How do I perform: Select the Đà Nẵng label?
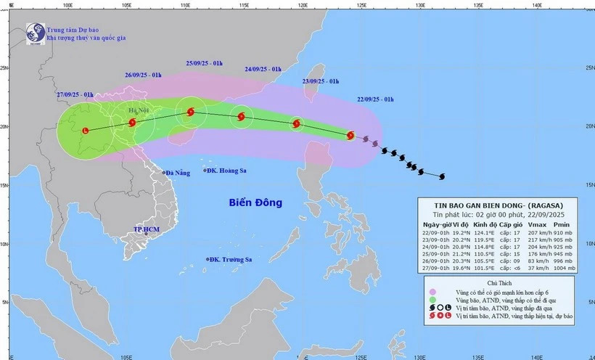tap(177, 173)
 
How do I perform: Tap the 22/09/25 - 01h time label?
tap(375, 99)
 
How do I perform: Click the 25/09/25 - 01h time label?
tap(207, 64)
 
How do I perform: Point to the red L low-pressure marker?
tap(86, 131)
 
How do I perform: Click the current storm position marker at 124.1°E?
tap(350, 135)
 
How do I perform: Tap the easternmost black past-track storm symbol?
tap(441, 176)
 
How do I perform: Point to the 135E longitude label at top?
tap(477, 6)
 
